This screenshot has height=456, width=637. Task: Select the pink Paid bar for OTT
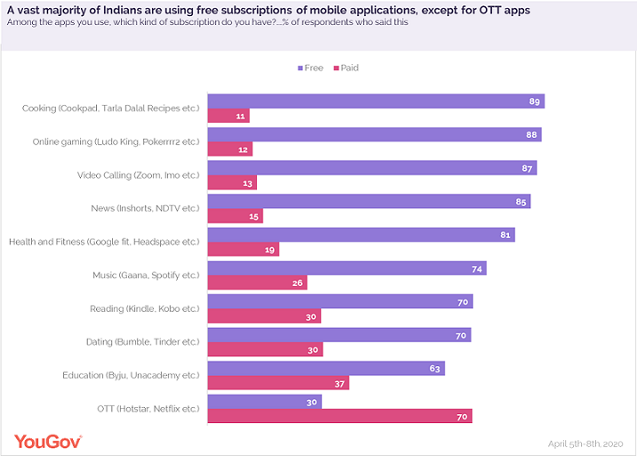tap(339, 416)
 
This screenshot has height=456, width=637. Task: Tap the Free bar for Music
tap(346, 268)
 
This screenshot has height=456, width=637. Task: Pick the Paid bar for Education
tap(278, 382)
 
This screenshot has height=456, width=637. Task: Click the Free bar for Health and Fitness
tap(361, 235)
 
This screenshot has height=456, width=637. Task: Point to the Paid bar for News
tap(235, 216)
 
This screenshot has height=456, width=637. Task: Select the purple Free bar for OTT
tap(264, 402)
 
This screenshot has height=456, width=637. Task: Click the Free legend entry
tap(309, 68)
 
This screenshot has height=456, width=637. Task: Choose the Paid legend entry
tap(346, 68)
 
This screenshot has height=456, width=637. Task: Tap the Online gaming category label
tap(116, 141)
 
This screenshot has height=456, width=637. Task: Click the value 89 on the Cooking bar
tap(535, 101)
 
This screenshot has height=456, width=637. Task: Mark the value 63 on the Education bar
tap(434, 368)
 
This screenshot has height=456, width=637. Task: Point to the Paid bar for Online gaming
tap(230, 149)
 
